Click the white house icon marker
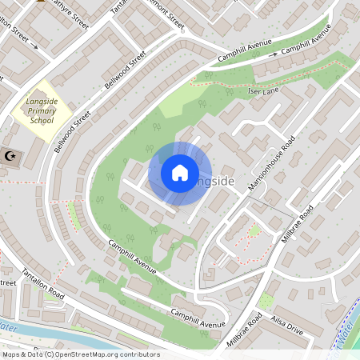pyautogui.click(x=179, y=173)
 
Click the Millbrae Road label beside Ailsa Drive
pyautogui.click(x=246, y=327)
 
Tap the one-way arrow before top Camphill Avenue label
pyautogui.click(x=274, y=54)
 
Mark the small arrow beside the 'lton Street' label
pyautogui.click(x=34, y=46)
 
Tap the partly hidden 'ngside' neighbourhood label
pyautogui.click(x=214, y=182)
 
